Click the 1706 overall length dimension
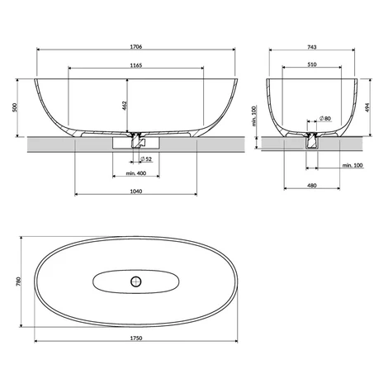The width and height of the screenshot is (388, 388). [x=136, y=46]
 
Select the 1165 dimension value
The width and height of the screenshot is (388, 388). [x=136, y=65]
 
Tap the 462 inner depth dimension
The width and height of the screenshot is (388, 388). [x=124, y=106]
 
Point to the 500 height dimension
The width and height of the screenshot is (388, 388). [x=15, y=107]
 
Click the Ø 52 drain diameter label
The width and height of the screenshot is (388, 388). [x=146, y=159]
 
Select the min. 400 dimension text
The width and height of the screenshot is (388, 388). [x=136, y=173]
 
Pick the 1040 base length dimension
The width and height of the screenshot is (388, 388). [x=136, y=192]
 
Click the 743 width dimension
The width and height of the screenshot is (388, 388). [x=312, y=47]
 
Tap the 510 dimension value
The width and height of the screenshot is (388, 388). [x=312, y=64]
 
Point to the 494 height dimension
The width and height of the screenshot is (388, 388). [x=367, y=107]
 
